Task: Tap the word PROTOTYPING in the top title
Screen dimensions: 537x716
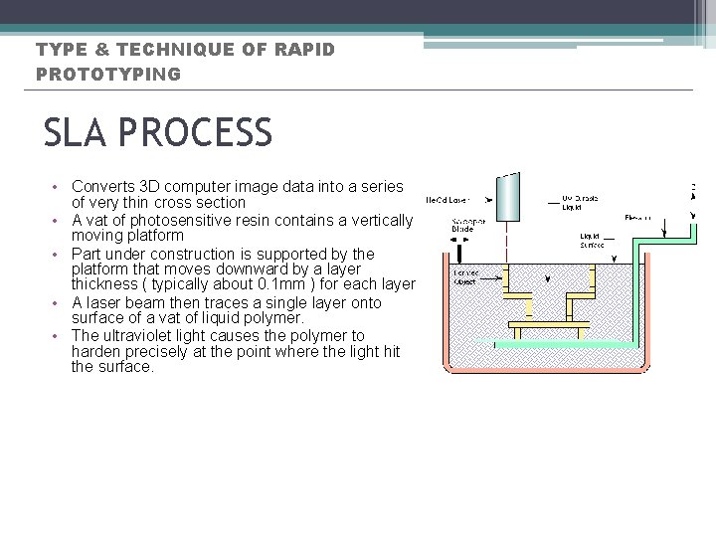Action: [108, 75]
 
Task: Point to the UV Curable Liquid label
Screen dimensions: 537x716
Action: [581, 202]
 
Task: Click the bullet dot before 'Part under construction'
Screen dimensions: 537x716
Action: [58, 255]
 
